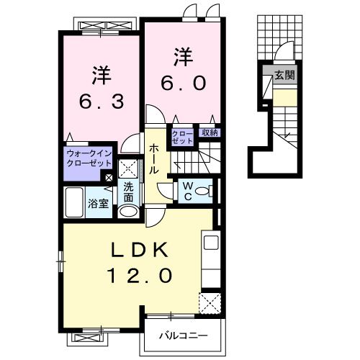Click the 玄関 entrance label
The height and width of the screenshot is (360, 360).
pyautogui.click(x=284, y=76)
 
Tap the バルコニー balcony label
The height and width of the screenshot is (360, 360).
pyautogui.click(x=184, y=336)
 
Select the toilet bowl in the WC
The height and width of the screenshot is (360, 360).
pyautogui.click(x=202, y=191)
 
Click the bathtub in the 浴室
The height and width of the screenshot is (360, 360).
pyautogui.click(x=74, y=202)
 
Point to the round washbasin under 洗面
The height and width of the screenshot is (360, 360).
pyautogui.click(x=129, y=212)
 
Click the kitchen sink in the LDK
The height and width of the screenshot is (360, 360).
pyautogui.click(x=211, y=243)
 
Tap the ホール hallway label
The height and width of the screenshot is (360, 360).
pyautogui.click(x=154, y=159)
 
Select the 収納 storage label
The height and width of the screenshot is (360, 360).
pyautogui.click(x=210, y=132)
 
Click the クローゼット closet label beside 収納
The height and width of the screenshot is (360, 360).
pyautogui.click(x=182, y=138)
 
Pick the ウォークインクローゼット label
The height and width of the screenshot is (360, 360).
pyautogui.click(x=89, y=158)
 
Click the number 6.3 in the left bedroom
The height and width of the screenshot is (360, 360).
pyautogui.click(x=102, y=102)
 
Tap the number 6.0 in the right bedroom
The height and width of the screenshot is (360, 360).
pyautogui.click(x=184, y=83)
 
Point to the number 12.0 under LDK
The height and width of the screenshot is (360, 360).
pyautogui.click(x=140, y=275)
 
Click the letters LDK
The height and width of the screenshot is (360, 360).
pyautogui.click(x=139, y=250)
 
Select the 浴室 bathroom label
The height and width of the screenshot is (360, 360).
pyautogui.click(x=99, y=204)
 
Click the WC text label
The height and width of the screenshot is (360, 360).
pyautogui.click(x=188, y=191)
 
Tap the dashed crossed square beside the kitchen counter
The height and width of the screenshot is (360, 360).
pyautogui.click(x=210, y=303)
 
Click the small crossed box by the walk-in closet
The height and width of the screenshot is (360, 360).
pyautogui.click(x=109, y=178)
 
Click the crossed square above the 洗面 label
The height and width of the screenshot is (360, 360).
pyautogui.click(x=128, y=168)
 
